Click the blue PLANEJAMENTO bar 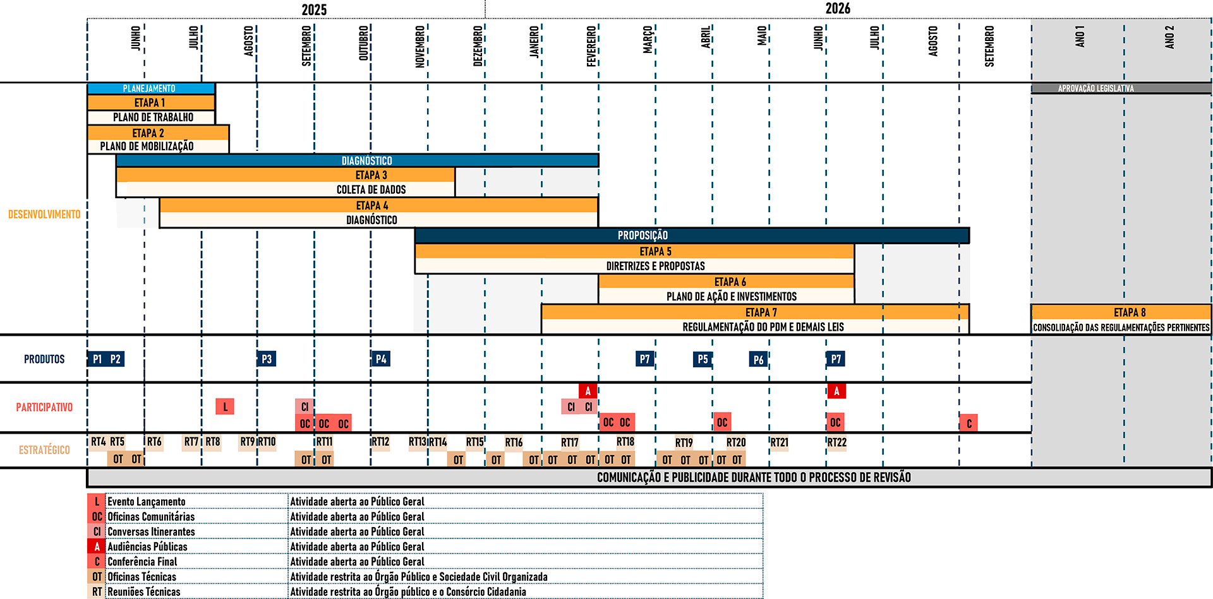150,88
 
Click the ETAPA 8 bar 1121,312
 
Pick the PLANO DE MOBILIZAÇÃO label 147,146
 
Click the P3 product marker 267,359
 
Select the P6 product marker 758,360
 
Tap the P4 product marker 381,359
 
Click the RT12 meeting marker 380,442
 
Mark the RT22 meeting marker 837,442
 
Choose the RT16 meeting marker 514,442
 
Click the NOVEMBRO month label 420,46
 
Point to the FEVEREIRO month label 591,46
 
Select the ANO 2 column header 1169,37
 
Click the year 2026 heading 838,9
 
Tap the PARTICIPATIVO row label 44,407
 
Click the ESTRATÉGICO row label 44,450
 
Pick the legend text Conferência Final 142,562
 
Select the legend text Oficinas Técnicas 142,577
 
